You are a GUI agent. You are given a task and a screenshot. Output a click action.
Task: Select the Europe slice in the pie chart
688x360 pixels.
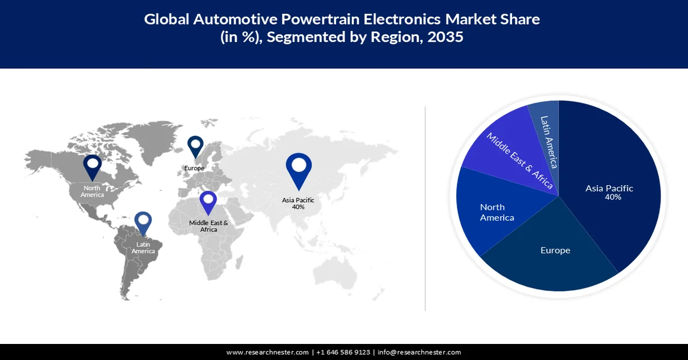[x=555, y=258]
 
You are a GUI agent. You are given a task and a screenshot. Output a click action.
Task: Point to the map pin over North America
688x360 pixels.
[x=92, y=166]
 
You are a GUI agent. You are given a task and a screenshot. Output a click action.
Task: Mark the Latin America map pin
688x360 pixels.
[x=143, y=224]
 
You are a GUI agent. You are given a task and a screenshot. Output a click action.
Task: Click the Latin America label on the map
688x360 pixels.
[x=143, y=248]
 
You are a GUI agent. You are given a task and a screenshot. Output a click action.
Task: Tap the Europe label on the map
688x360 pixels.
[x=194, y=169]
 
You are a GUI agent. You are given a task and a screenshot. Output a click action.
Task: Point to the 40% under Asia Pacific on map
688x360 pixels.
[x=298, y=207]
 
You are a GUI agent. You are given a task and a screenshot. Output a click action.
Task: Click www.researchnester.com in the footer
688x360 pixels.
[x=268, y=352]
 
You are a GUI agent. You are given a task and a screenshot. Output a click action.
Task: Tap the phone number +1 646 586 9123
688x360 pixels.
[x=343, y=352]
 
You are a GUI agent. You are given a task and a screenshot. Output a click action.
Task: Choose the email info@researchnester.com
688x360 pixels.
[x=419, y=352]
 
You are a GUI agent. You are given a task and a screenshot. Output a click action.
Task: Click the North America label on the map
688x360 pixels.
[x=92, y=191]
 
